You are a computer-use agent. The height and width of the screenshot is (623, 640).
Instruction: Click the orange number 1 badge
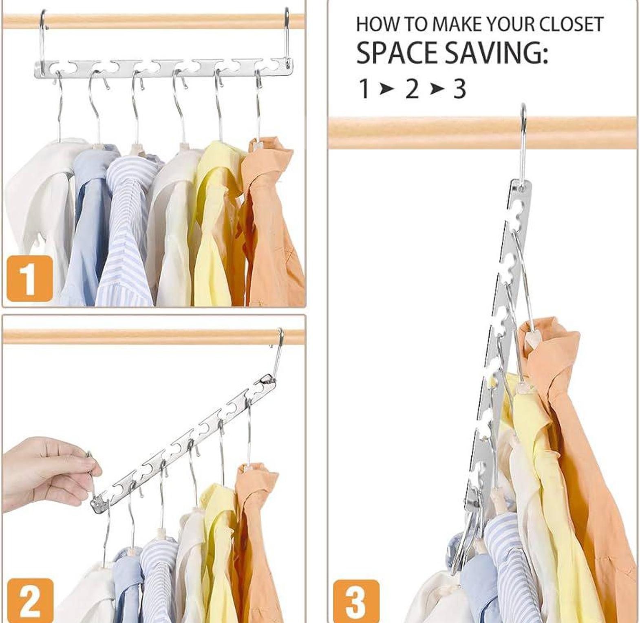point(29,279)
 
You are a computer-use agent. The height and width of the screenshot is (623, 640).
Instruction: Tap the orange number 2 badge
point(30,601)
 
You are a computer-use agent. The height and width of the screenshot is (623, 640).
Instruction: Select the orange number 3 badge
point(356,601)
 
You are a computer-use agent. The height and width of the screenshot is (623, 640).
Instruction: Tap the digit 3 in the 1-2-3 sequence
point(460,89)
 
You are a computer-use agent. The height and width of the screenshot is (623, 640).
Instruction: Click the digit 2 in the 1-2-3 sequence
point(412,89)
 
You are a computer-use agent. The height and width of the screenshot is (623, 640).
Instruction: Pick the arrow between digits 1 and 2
point(386,89)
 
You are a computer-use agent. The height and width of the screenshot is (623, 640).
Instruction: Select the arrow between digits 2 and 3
point(436,89)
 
